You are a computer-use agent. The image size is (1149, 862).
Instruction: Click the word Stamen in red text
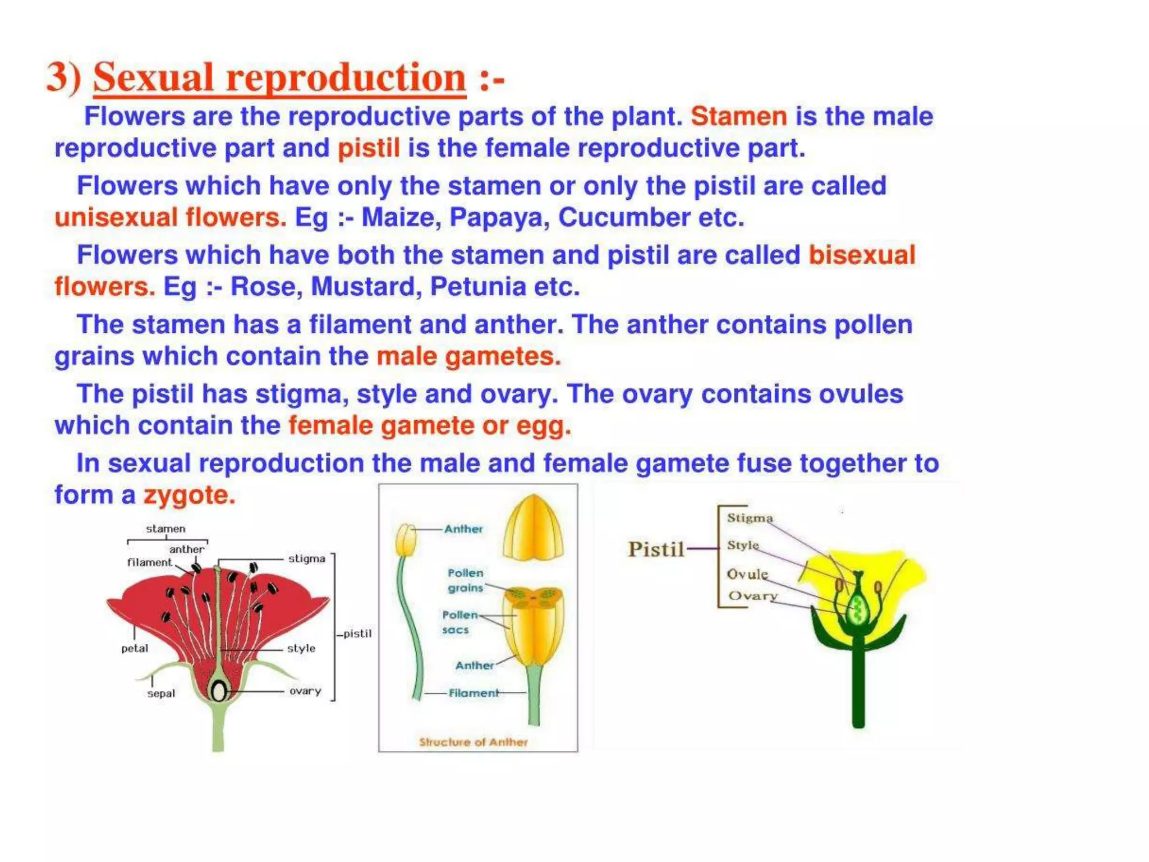click(738, 117)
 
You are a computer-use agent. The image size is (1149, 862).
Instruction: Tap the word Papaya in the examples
click(499, 218)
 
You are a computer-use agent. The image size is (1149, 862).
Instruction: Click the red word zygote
click(189, 495)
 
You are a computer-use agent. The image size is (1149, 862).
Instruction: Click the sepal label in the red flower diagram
click(161, 694)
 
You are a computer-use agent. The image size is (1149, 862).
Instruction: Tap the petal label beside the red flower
click(135, 648)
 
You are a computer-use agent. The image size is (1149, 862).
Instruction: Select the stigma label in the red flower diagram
click(306, 558)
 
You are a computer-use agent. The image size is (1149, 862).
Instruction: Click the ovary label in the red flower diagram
click(305, 691)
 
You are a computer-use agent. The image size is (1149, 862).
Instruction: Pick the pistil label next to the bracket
click(357, 634)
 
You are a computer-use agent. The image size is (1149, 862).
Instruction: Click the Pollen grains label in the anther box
click(465, 580)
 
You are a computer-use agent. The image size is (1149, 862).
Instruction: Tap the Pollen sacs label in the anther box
click(459, 622)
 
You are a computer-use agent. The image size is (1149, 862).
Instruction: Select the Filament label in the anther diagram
click(473, 693)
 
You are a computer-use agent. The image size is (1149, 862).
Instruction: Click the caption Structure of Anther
click(473, 742)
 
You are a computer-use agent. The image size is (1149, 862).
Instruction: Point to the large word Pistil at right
click(656, 549)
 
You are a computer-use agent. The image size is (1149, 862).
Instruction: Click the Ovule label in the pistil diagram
click(747, 574)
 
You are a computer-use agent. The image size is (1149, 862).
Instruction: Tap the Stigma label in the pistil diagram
click(750, 517)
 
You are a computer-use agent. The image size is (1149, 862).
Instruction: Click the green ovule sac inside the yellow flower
click(856, 608)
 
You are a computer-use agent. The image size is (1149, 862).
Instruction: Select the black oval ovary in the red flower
click(218, 691)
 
